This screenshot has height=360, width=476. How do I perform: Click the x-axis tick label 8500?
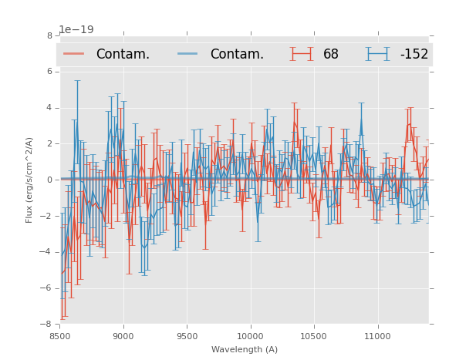(x=59, y=337)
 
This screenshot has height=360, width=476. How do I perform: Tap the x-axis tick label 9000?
(x=123, y=337)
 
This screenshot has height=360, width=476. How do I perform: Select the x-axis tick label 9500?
(x=187, y=337)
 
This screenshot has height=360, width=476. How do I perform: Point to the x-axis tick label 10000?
(x=250, y=337)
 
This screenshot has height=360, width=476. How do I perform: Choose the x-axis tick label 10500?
(x=314, y=337)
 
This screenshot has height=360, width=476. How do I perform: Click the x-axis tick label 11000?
(x=377, y=337)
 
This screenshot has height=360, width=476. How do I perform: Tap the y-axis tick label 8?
(x=49, y=35)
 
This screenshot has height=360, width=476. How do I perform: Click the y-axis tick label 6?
(x=49, y=72)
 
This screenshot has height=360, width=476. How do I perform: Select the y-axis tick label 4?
(x=49, y=108)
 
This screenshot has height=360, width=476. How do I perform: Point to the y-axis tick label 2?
(x=49, y=144)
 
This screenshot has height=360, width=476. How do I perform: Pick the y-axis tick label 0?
(x=49, y=180)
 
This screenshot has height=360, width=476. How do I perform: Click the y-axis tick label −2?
(x=47, y=217)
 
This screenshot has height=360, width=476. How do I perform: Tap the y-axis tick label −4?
(x=47, y=253)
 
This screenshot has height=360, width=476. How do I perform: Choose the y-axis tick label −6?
(x=47, y=289)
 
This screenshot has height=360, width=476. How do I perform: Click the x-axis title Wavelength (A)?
(x=244, y=350)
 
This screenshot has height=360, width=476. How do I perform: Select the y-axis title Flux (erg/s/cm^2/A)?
(x=29, y=180)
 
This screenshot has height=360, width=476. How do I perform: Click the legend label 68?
(x=331, y=55)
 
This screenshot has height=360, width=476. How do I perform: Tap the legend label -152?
(x=414, y=55)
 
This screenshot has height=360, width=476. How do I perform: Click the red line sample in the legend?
(x=73, y=54)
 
